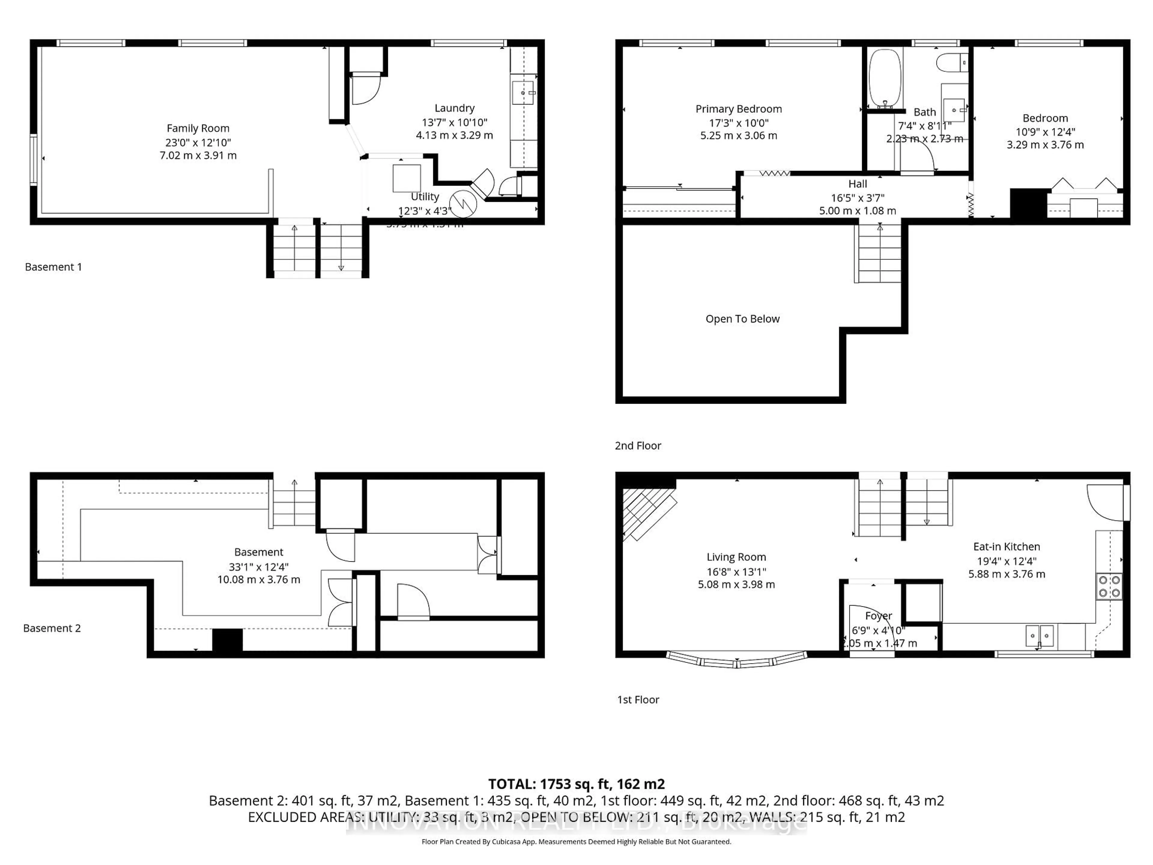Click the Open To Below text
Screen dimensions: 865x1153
click(x=742, y=319)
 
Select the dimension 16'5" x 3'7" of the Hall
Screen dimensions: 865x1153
click(x=858, y=198)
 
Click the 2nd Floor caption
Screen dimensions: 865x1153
click(x=637, y=446)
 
